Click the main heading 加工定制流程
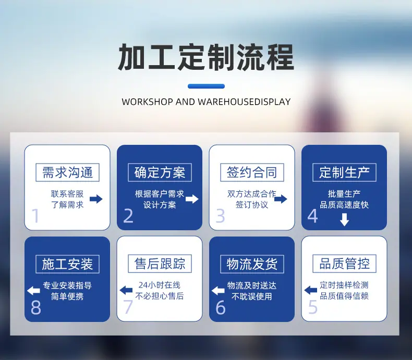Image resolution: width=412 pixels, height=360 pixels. pyautogui.click(x=205, y=57)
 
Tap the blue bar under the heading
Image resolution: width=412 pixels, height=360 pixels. pyautogui.click(x=207, y=86)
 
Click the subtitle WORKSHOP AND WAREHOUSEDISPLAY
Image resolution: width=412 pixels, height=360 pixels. pyautogui.click(x=207, y=102)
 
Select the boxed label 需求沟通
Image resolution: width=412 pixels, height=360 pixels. pyautogui.click(x=67, y=172)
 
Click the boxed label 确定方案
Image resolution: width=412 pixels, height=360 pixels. pyautogui.click(x=160, y=172)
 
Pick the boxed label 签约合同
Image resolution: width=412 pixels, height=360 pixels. pyautogui.click(x=252, y=172)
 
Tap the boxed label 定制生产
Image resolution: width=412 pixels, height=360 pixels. pyautogui.click(x=344, y=172)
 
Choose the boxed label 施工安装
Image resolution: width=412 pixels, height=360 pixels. pyautogui.click(x=67, y=264)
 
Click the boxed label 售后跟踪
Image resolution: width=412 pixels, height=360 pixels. pyautogui.click(x=160, y=264)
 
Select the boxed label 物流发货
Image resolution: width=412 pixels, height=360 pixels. pyautogui.click(x=252, y=264)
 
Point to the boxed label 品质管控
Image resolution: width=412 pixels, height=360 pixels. pyautogui.click(x=344, y=264)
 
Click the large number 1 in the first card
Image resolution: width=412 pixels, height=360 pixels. pyautogui.click(x=35, y=216)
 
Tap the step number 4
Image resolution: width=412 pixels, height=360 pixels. pyautogui.click(x=313, y=216)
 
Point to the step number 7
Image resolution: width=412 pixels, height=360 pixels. pyautogui.click(x=128, y=306)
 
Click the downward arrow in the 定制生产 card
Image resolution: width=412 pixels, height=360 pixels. pyautogui.click(x=344, y=220)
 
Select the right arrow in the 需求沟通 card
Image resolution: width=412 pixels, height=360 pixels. pyautogui.click(x=96, y=199)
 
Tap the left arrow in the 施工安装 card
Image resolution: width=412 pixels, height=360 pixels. pyautogui.click(x=33, y=291)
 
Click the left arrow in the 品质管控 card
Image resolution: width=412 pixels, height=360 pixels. pyautogui.click(x=311, y=290)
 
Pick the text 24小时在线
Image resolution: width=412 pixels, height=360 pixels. pyautogui.click(x=160, y=285)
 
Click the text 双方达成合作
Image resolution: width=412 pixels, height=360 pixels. pyautogui.click(x=252, y=194)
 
